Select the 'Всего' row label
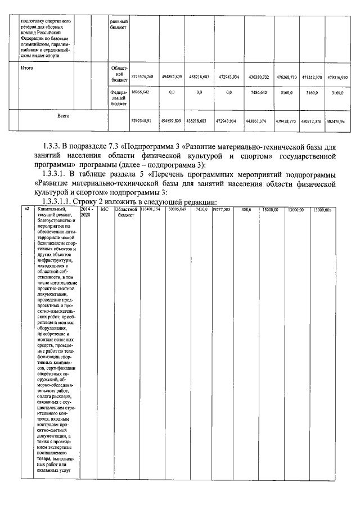coord(63,115)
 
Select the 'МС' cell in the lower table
coord(104,209)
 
